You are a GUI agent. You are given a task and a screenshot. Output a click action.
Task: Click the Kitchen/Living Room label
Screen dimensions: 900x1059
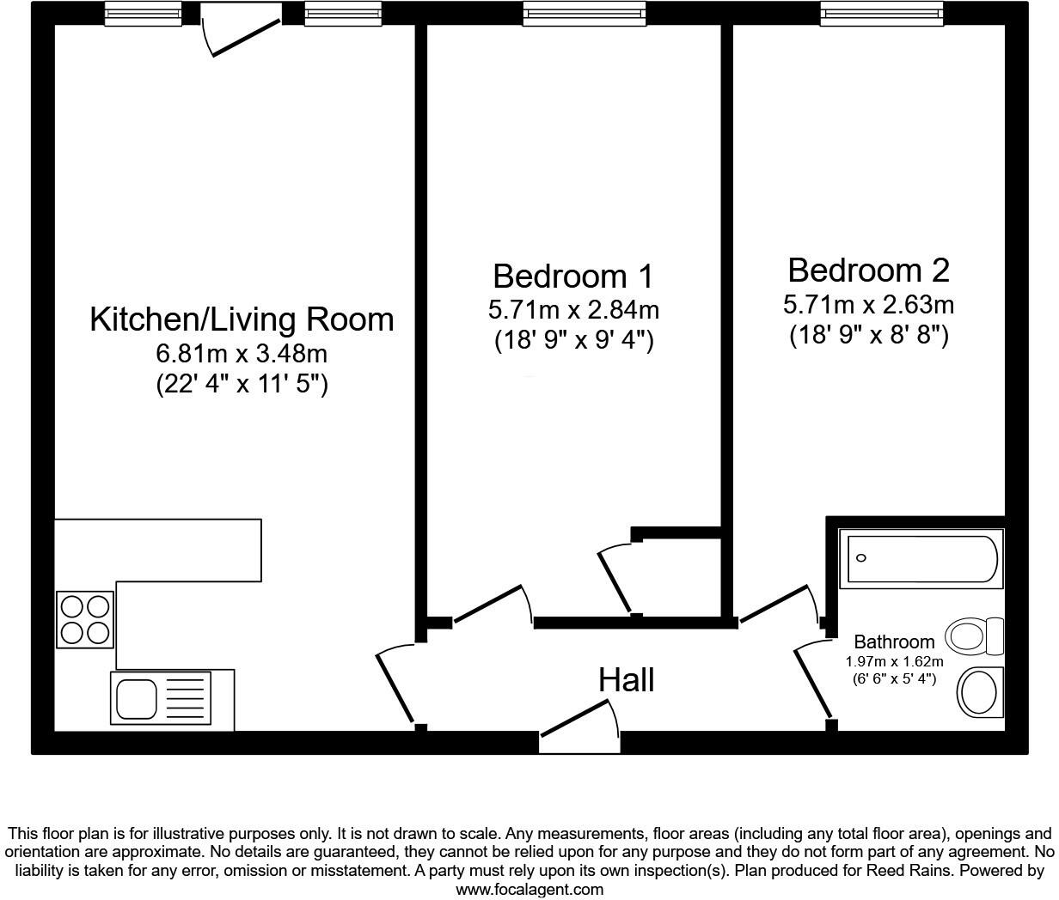click(x=242, y=319)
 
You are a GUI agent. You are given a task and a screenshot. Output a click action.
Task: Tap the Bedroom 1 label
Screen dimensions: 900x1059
click(x=573, y=277)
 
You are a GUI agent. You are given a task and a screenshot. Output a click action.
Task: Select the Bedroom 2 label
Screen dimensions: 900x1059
click(x=868, y=271)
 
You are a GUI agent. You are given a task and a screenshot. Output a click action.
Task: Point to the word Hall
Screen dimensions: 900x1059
click(x=627, y=680)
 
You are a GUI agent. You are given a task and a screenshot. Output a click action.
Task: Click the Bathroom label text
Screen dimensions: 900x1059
click(x=894, y=642)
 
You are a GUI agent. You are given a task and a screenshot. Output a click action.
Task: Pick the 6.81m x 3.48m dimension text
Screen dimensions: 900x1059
click(x=242, y=353)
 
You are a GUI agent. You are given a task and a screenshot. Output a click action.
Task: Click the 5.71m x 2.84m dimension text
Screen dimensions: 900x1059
click(x=573, y=309)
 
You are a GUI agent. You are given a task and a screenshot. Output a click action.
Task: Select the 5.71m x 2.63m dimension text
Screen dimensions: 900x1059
click(x=868, y=304)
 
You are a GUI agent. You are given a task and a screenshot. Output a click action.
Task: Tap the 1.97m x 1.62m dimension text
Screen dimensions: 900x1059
click(x=894, y=661)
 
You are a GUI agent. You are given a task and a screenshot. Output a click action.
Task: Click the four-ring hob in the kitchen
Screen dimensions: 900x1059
click(x=85, y=619)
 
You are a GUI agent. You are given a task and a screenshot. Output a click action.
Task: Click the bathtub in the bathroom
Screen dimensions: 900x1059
click(x=921, y=558)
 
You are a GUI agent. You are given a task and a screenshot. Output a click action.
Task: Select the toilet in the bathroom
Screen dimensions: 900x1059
click(x=974, y=636)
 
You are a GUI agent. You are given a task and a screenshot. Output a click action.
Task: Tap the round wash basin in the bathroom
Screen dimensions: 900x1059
click(x=980, y=692)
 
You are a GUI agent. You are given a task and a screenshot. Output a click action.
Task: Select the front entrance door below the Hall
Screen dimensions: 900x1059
click(x=579, y=726)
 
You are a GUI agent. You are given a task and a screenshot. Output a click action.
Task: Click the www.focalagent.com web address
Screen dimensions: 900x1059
click(x=529, y=890)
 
